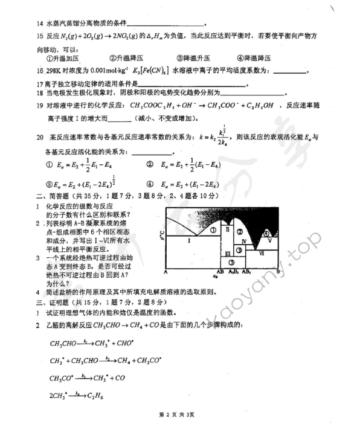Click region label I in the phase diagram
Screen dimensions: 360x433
(x=188, y=240)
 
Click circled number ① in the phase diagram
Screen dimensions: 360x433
(x=213, y=230)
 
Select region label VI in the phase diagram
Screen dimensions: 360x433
(x=262, y=253)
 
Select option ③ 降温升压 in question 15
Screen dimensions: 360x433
(x=196, y=58)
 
